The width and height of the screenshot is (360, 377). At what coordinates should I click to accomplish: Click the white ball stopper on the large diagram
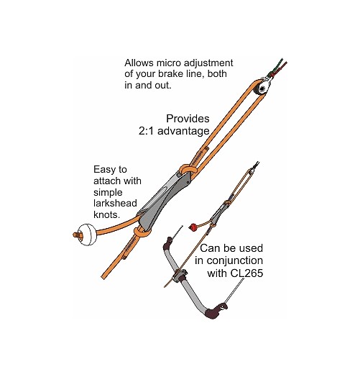[x=87, y=235]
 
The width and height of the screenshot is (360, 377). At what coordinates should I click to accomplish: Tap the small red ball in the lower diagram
[x=193, y=227]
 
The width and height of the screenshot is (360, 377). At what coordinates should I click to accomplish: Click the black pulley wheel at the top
[x=262, y=89]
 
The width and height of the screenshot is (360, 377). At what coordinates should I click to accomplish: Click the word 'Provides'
[x=188, y=119]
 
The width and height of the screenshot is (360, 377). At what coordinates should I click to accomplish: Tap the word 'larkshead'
[x=115, y=203]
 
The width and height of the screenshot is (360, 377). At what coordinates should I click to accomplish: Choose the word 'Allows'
[x=139, y=63]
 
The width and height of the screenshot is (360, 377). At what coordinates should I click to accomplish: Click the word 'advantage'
[x=183, y=131]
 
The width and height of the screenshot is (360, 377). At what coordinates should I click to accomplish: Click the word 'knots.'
[x=106, y=214]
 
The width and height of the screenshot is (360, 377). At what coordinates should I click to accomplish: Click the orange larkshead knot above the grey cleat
[x=188, y=169]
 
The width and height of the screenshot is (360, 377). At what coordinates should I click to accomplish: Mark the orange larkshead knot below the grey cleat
[x=142, y=232]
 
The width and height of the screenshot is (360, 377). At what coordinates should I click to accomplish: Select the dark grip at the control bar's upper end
[x=168, y=243]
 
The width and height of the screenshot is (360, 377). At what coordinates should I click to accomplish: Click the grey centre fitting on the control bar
[x=180, y=276]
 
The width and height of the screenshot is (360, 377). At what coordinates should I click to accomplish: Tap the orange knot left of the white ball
[x=77, y=235]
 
